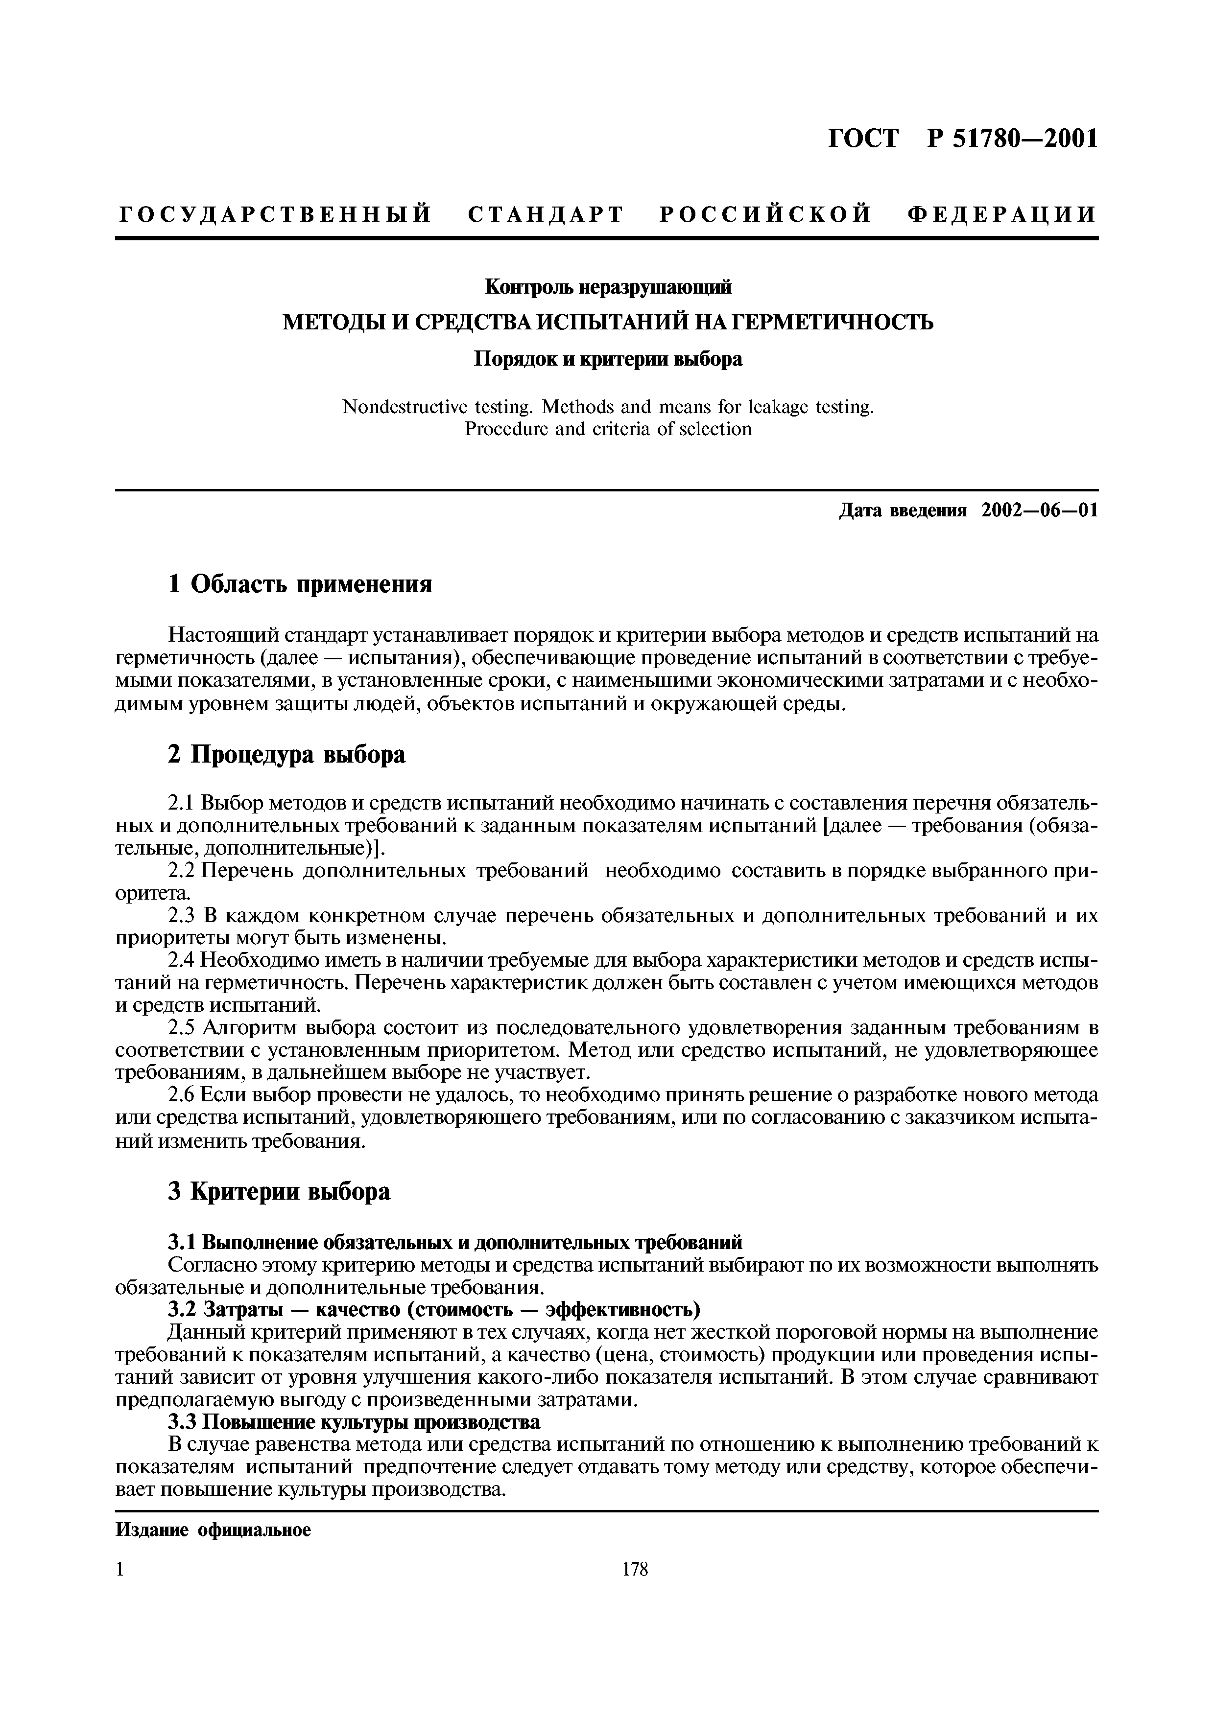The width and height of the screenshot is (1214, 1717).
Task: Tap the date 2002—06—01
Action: (1040, 511)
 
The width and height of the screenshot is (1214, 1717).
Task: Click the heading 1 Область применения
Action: (300, 583)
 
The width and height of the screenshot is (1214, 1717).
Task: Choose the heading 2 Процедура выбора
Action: (286, 755)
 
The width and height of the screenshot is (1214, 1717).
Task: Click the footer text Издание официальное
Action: (213, 1530)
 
